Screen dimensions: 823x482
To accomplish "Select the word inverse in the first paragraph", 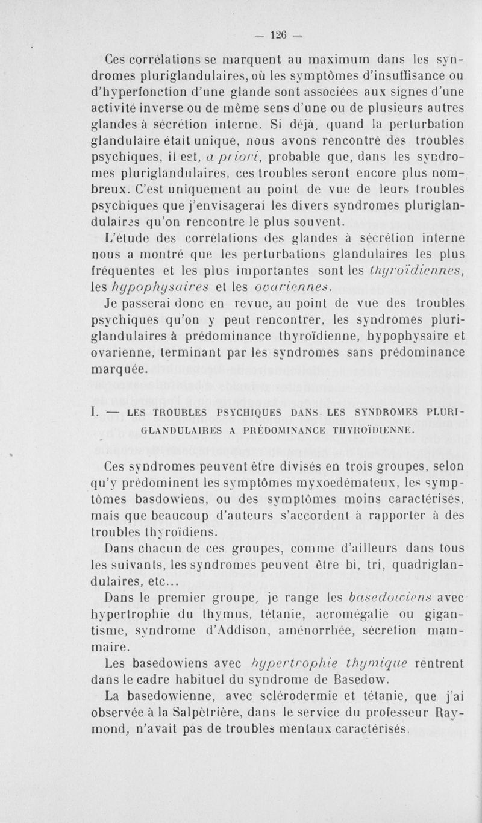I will [x=168, y=110].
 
